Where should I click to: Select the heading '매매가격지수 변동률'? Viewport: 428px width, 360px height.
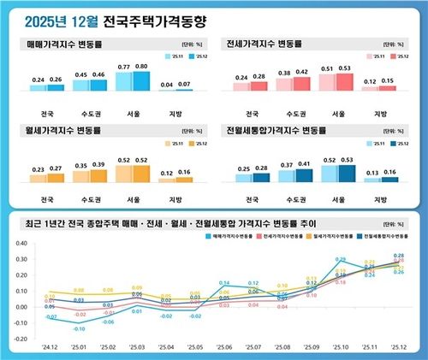[x=64, y=42]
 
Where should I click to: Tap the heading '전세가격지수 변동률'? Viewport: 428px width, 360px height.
[x=265, y=42]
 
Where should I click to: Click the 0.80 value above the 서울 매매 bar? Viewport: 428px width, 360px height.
[x=142, y=67]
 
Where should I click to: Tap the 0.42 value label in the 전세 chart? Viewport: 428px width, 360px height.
[x=302, y=73]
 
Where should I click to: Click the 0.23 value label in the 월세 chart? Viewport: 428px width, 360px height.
[x=38, y=169]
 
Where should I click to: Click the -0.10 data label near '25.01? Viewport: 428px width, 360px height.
[x=79, y=328]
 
